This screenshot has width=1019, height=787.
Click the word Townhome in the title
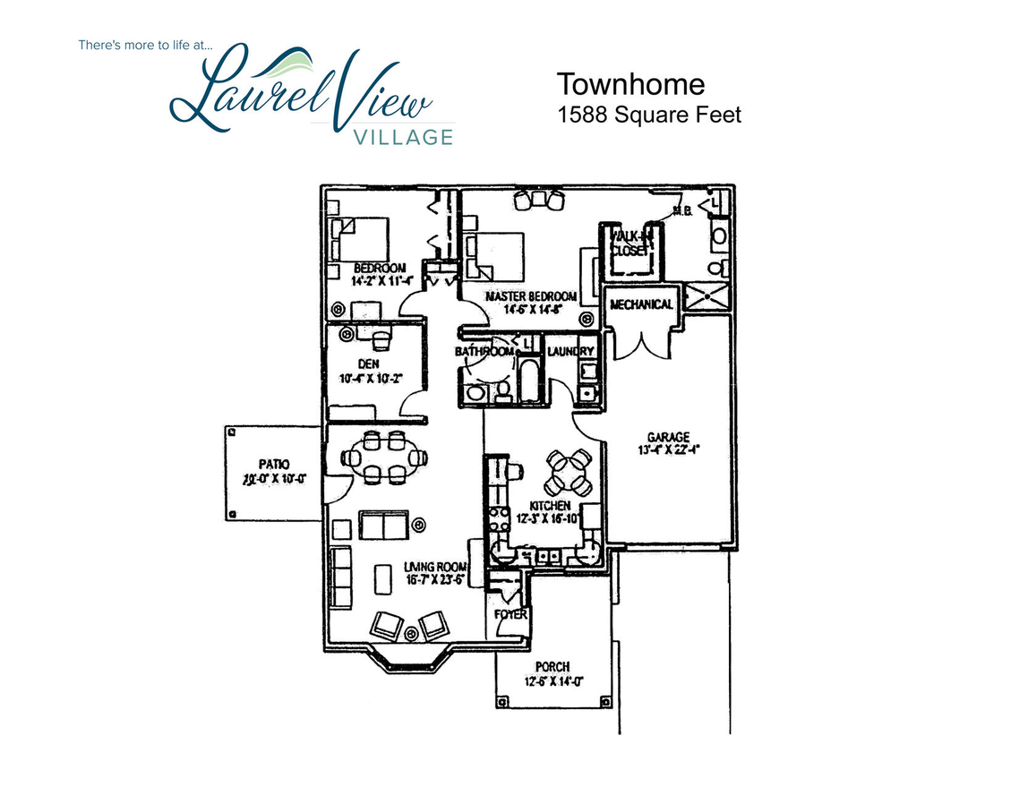(x=631, y=84)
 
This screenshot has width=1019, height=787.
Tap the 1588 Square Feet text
(x=649, y=115)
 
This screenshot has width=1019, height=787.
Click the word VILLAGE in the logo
(x=403, y=137)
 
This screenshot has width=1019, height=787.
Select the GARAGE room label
(x=668, y=437)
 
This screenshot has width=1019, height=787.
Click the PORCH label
(x=552, y=667)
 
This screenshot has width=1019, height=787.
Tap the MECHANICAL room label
(x=641, y=304)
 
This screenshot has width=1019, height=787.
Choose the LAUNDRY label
(x=570, y=352)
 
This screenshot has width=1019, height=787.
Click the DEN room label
(x=369, y=364)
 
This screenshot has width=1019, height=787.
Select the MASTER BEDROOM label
(x=531, y=296)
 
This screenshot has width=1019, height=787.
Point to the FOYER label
(x=511, y=615)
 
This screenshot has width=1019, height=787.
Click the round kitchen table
(x=569, y=471)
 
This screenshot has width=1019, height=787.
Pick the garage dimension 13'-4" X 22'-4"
(x=668, y=449)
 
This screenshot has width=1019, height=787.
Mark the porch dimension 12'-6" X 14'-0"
(x=552, y=680)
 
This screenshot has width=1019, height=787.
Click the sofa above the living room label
(x=383, y=525)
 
